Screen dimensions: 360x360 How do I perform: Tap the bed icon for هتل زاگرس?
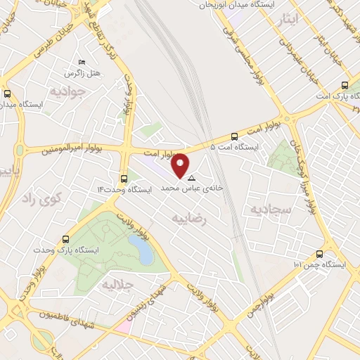pos(82,63)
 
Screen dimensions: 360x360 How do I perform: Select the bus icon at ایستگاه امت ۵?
pos(234,136)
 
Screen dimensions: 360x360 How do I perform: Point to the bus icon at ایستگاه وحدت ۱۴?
pos(124,178)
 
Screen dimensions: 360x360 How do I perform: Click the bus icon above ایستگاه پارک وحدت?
pos(65,239)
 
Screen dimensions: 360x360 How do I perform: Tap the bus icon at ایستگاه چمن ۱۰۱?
pos(320,254)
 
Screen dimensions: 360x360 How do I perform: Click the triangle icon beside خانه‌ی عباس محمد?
pos(191,178)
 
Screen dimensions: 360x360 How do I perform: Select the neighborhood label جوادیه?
pos(67,91)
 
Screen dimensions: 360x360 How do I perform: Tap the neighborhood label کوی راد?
pos(43,198)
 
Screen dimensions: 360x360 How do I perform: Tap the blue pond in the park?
pos(141,250)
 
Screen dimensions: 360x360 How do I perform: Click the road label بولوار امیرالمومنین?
pos(67,150)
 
